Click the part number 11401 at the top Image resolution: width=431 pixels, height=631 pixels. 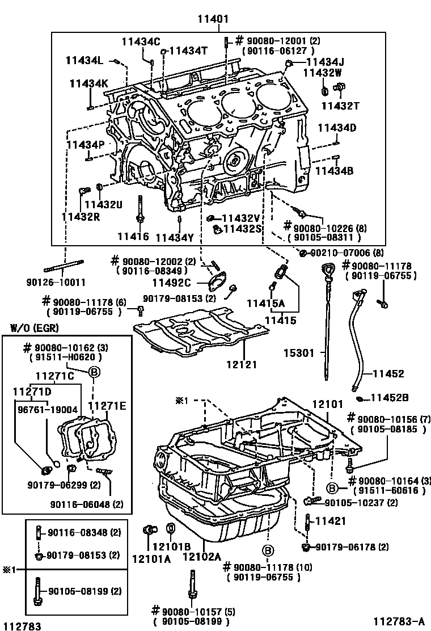(x=213, y=19)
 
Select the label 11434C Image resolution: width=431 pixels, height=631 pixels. (x=141, y=41)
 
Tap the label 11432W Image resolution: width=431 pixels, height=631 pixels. (x=322, y=73)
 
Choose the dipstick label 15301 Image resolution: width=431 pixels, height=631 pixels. (x=299, y=353)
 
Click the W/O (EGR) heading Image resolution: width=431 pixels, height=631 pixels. (x=35, y=327)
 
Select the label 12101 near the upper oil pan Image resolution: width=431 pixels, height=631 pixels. (x=328, y=404)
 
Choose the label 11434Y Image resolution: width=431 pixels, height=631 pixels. (x=175, y=237)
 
